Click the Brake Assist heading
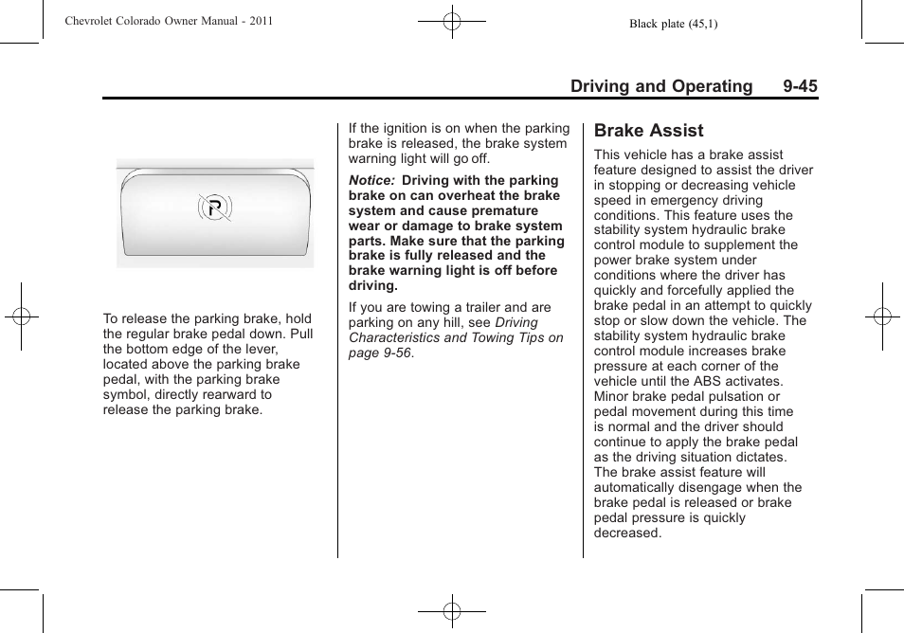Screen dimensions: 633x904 (648, 131)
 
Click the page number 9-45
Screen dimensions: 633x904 (800, 86)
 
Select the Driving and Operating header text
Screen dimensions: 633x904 (660, 86)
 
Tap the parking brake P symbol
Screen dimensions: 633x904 (215, 208)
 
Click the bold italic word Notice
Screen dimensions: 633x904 (371, 181)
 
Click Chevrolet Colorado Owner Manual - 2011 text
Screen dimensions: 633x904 (169, 21)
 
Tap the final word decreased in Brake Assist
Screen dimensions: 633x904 (626, 533)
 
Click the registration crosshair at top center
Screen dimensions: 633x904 (452, 21)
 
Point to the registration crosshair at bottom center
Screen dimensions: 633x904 (452, 611)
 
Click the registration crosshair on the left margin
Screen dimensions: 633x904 (22, 316)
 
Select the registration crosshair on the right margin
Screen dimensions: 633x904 (881, 316)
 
